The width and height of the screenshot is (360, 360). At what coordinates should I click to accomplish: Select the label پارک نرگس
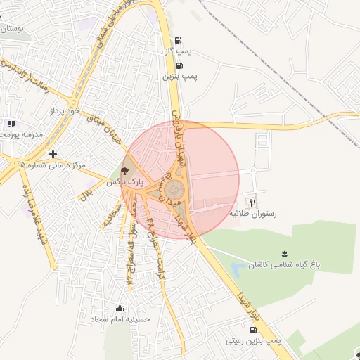[124, 181]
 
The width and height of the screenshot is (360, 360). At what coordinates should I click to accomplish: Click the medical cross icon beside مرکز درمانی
[53, 153]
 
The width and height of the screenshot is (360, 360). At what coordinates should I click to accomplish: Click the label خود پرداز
[61, 112]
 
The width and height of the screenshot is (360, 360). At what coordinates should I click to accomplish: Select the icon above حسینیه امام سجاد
[120, 308]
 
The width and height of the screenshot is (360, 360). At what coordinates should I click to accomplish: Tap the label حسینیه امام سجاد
[120, 319]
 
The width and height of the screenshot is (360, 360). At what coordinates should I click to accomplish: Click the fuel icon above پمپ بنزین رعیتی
[253, 329]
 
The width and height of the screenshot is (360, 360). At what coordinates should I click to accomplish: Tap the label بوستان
[10, 29]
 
